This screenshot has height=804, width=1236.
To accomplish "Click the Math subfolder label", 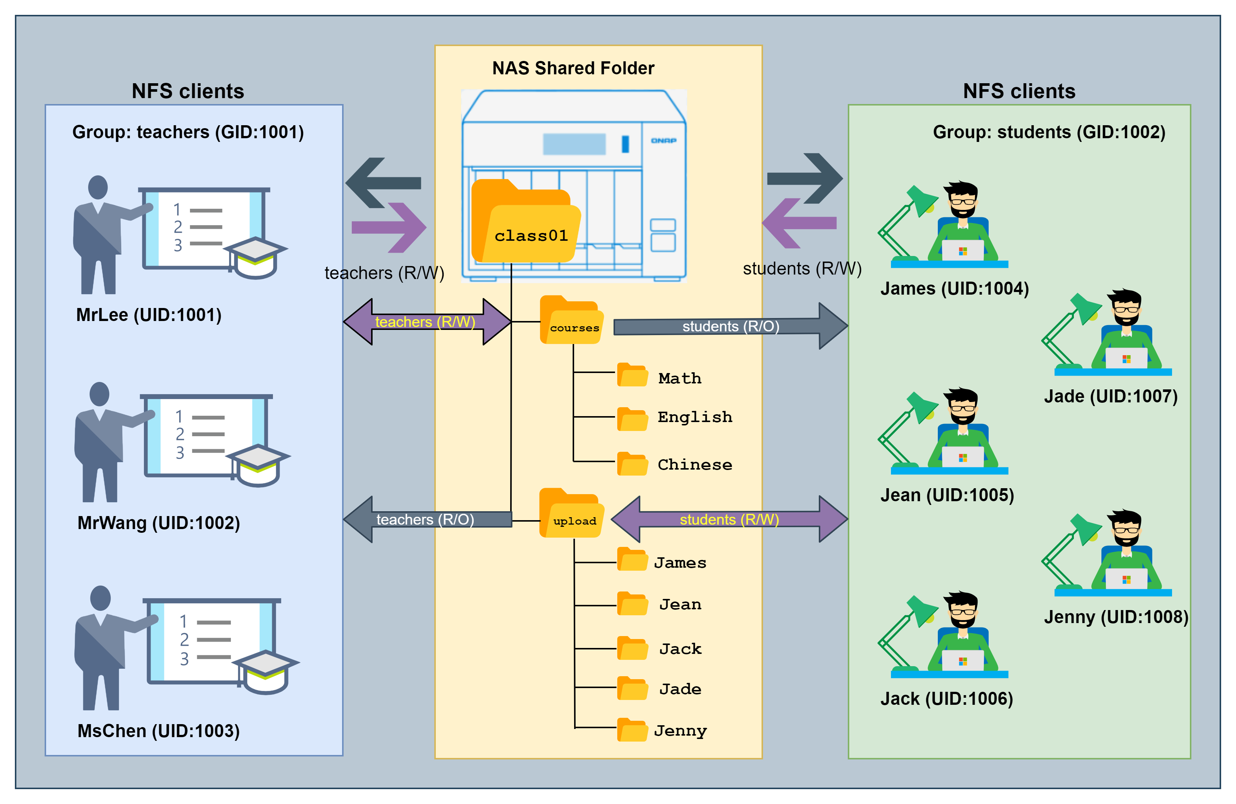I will (x=680, y=378).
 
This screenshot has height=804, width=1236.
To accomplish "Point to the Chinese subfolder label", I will (x=695, y=464).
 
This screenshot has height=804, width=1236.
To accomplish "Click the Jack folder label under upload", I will (x=680, y=649).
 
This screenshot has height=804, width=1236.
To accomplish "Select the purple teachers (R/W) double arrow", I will (x=427, y=322).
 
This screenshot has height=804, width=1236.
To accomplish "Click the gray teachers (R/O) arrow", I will (x=427, y=519).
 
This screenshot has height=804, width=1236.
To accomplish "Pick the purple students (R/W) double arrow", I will (x=729, y=519).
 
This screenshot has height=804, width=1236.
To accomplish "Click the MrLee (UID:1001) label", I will (x=149, y=315).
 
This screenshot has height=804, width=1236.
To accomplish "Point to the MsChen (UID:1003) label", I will (x=158, y=731).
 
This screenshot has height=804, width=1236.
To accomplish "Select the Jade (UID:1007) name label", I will (x=1111, y=396).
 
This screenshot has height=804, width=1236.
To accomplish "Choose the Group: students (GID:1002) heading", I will (x=1049, y=132).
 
